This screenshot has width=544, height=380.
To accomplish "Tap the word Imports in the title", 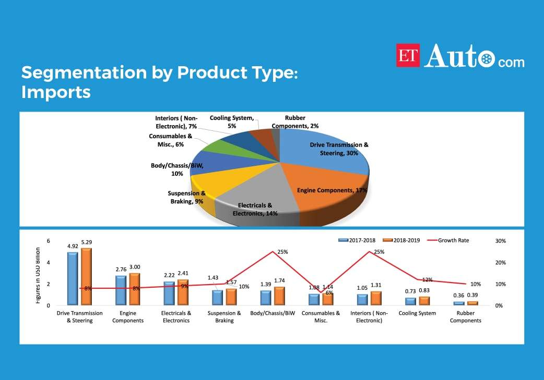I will point(56,92).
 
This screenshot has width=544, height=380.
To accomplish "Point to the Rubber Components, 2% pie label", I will point(295,122).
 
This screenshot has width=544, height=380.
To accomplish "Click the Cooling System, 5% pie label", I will point(231,122).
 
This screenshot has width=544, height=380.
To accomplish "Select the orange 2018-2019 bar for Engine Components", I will point(134,289).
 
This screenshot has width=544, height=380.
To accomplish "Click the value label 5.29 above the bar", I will point(86,242).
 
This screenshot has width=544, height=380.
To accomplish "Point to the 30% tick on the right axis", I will point(500,241).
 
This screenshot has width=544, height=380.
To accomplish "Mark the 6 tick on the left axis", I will point(48,241).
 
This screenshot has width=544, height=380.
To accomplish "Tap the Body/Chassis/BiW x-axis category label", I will point(273,313).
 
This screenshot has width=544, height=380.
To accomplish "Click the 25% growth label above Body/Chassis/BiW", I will point(282,252).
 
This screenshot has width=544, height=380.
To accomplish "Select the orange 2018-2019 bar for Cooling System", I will point(424,301).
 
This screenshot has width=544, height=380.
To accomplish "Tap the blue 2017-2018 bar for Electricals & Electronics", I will point(169,293).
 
